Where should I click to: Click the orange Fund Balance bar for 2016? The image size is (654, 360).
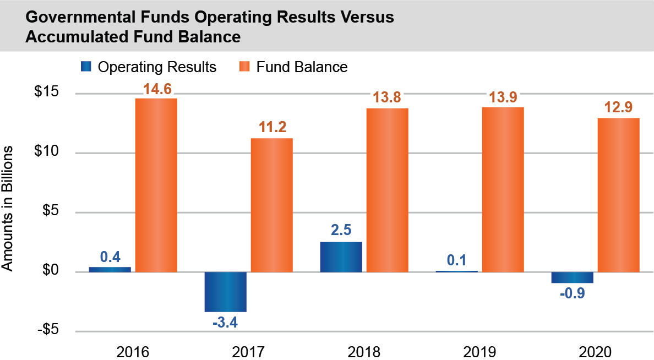pos(156,185)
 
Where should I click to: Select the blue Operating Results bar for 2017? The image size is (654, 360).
pos(225,292)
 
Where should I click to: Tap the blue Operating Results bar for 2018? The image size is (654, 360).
pos(341,257)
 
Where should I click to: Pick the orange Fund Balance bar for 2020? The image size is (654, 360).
pos(618,195)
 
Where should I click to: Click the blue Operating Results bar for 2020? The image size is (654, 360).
pos(572,277)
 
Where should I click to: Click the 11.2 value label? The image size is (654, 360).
pos(272,128)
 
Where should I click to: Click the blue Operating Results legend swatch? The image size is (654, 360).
pos(86,67)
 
